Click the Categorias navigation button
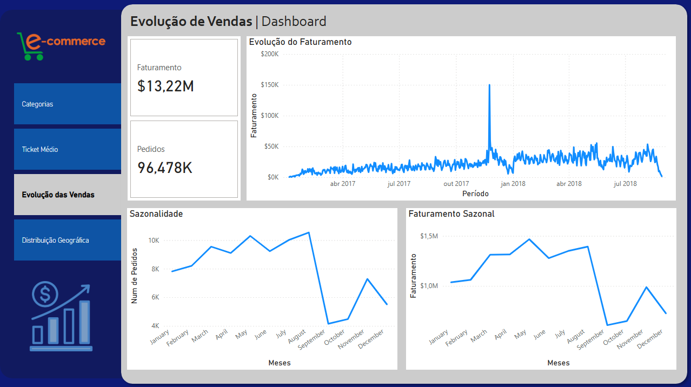click(x=67, y=104)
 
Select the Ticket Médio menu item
click(x=67, y=149)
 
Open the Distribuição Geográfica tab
click(x=67, y=240)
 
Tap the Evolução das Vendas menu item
click(x=67, y=195)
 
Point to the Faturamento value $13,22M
click(x=165, y=86)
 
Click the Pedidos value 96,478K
click(x=165, y=168)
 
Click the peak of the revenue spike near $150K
click(x=489, y=85)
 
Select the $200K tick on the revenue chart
click(x=269, y=54)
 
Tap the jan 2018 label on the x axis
click(x=513, y=184)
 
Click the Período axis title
click(x=475, y=193)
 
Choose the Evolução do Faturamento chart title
click(x=300, y=42)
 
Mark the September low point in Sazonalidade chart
click(x=328, y=324)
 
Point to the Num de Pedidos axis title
click(x=135, y=276)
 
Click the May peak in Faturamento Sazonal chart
click(x=529, y=239)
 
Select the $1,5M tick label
click(x=429, y=236)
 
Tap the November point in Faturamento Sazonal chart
click(x=647, y=287)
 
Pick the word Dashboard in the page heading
click(x=294, y=22)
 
